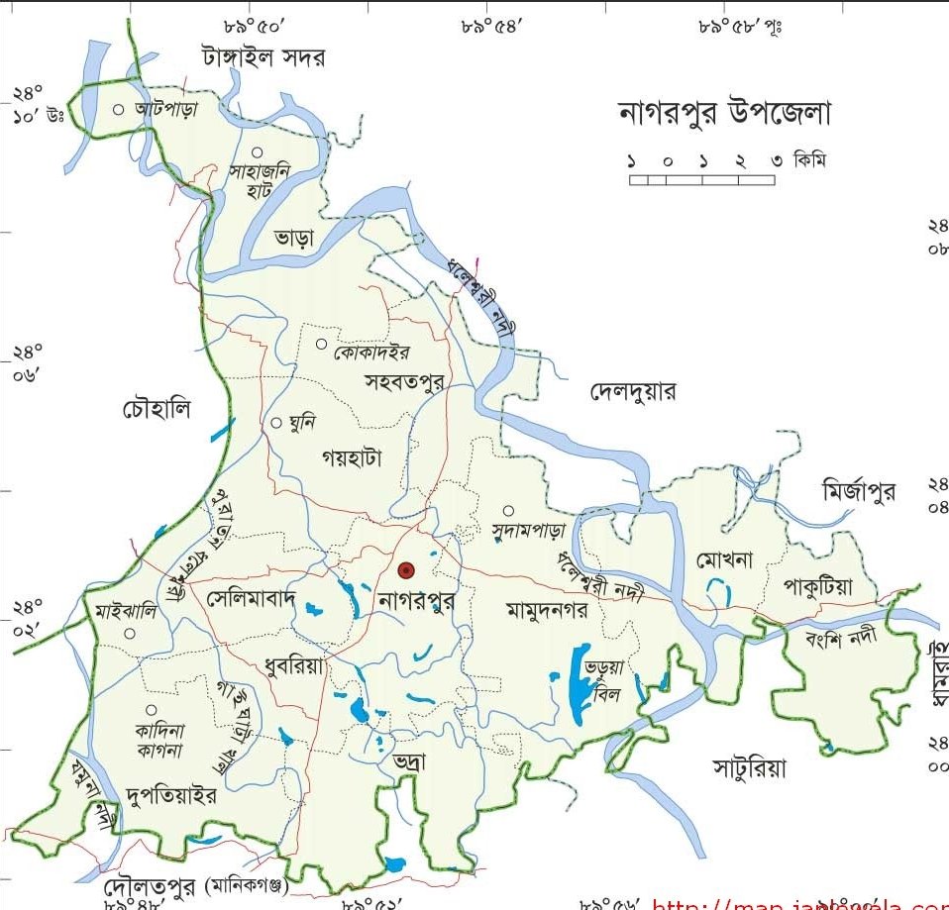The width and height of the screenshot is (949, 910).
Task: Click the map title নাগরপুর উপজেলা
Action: click(x=724, y=114)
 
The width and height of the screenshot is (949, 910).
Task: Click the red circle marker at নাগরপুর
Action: click(x=405, y=569)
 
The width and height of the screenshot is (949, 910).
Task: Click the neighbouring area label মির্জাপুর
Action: click(x=859, y=490)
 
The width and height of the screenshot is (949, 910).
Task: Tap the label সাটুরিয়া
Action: click(x=749, y=767)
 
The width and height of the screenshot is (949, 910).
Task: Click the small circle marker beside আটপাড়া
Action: click(x=119, y=110)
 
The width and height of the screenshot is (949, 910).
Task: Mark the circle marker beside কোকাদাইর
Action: click(x=321, y=344)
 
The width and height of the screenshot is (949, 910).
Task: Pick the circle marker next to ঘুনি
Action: click(x=276, y=423)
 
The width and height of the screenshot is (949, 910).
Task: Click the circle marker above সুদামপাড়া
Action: click(x=507, y=511)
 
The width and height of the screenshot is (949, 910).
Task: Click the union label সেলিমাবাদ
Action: click(x=252, y=599)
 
